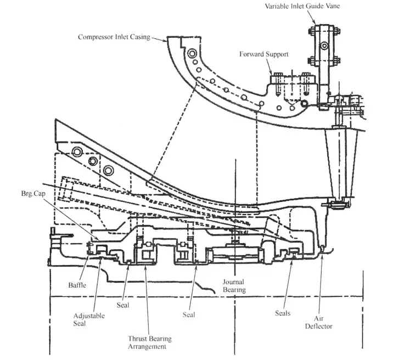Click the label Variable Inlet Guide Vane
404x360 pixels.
point(302,6)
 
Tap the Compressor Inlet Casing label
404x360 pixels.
point(114,37)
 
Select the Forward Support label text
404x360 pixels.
point(264,54)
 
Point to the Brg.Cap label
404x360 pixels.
point(33,193)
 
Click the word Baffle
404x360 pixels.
point(77,285)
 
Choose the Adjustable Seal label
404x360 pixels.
point(89,319)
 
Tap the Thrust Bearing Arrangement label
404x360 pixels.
point(150,342)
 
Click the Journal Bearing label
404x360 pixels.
point(234,286)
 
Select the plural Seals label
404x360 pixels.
point(283,313)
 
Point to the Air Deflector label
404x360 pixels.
point(319,322)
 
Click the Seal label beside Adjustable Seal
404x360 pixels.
point(123,305)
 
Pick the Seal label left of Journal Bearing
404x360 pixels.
point(189,314)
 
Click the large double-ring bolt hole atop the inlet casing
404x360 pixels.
point(192,54)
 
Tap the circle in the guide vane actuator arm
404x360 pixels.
point(324,46)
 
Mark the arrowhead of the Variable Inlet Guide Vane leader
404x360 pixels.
point(315,23)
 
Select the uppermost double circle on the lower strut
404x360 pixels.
point(77,151)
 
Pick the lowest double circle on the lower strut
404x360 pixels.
point(109,171)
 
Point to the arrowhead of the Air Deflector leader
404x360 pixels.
point(322,255)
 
